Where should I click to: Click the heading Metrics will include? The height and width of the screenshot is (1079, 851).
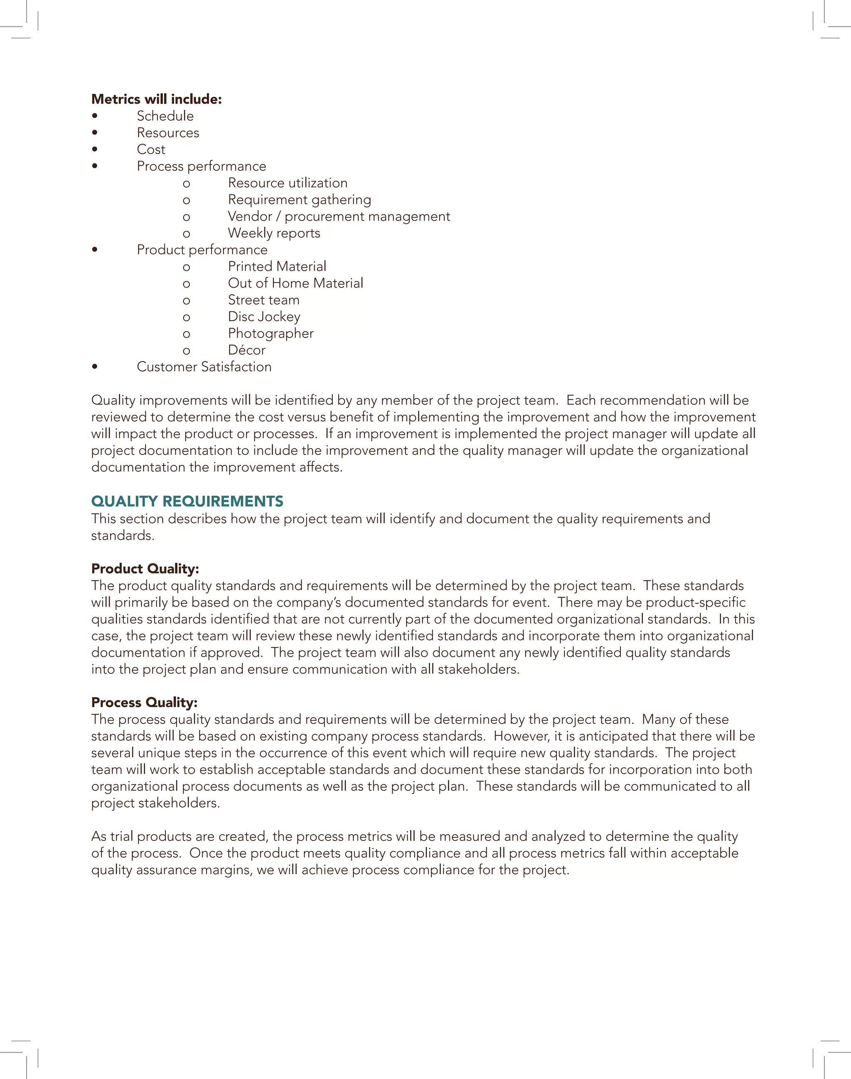tap(157, 99)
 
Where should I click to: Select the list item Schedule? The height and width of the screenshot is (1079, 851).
tap(165, 116)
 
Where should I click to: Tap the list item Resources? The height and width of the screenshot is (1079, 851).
tap(168, 133)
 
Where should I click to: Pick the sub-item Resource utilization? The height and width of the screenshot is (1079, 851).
tap(288, 183)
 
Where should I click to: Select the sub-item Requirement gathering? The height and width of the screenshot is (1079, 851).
tap(300, 200)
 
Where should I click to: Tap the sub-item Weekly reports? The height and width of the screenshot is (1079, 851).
tap(274, 233)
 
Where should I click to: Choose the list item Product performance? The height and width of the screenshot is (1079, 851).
tap(202, 250)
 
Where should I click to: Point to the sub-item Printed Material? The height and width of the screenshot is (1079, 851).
tap(277, 266)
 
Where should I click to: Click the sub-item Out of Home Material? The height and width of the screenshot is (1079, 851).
tap(295, 283)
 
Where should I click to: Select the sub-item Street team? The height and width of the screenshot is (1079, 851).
tap(263, 300)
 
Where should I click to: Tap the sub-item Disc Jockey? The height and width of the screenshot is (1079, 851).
tap(264, 317)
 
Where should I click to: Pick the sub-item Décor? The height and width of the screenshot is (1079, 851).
tap(247, 350)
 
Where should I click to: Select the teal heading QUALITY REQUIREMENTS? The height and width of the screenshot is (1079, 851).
tap(187, 501)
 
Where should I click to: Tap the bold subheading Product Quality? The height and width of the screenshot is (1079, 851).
tap(145, 569)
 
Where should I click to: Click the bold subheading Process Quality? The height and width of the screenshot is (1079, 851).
tap(144, 703)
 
